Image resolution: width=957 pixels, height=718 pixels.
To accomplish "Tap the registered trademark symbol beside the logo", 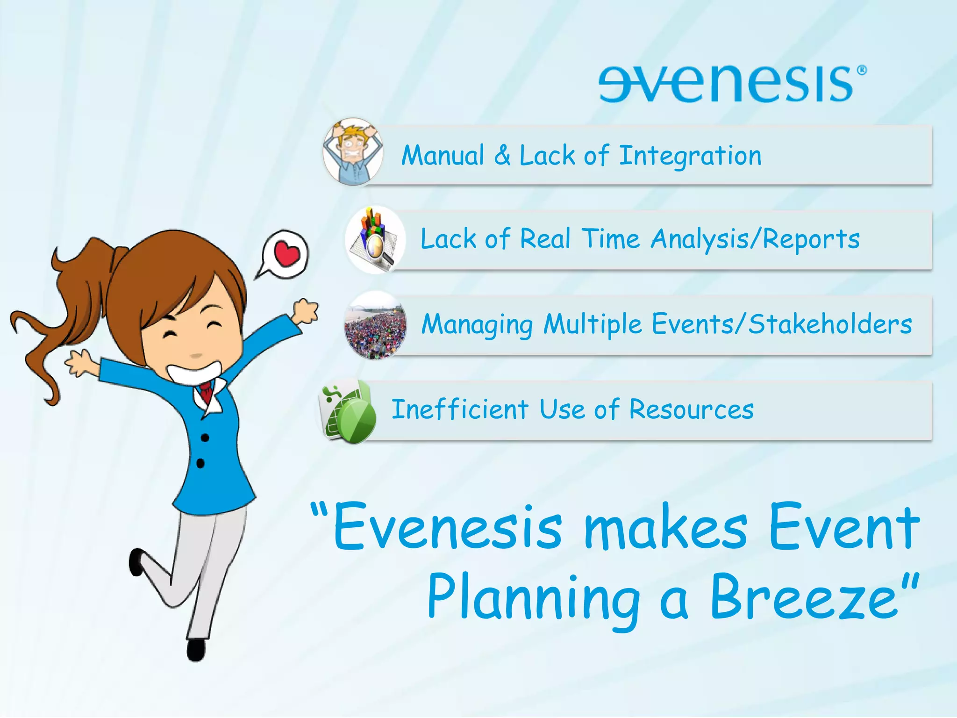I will point(862,70).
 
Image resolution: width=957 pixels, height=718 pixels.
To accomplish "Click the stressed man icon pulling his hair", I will point(353,152).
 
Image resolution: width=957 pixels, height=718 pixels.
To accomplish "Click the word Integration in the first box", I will point(690,156).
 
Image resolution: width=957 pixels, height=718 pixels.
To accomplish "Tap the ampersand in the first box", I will point(502,155).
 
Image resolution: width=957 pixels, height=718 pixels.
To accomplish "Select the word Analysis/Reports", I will point(755,239).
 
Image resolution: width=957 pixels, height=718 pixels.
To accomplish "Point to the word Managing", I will point(477,325).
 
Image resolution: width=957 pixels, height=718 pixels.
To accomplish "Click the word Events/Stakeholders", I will point(781,324).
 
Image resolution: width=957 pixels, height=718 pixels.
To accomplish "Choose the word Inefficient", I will point(460,409).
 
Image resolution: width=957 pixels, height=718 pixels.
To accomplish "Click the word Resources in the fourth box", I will point(691,409).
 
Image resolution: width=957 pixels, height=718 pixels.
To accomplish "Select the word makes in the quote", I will point(665,528).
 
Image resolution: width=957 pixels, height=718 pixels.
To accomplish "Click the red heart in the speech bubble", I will point(286,254).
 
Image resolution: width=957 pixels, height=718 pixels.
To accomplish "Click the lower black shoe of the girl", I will point(195,650).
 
